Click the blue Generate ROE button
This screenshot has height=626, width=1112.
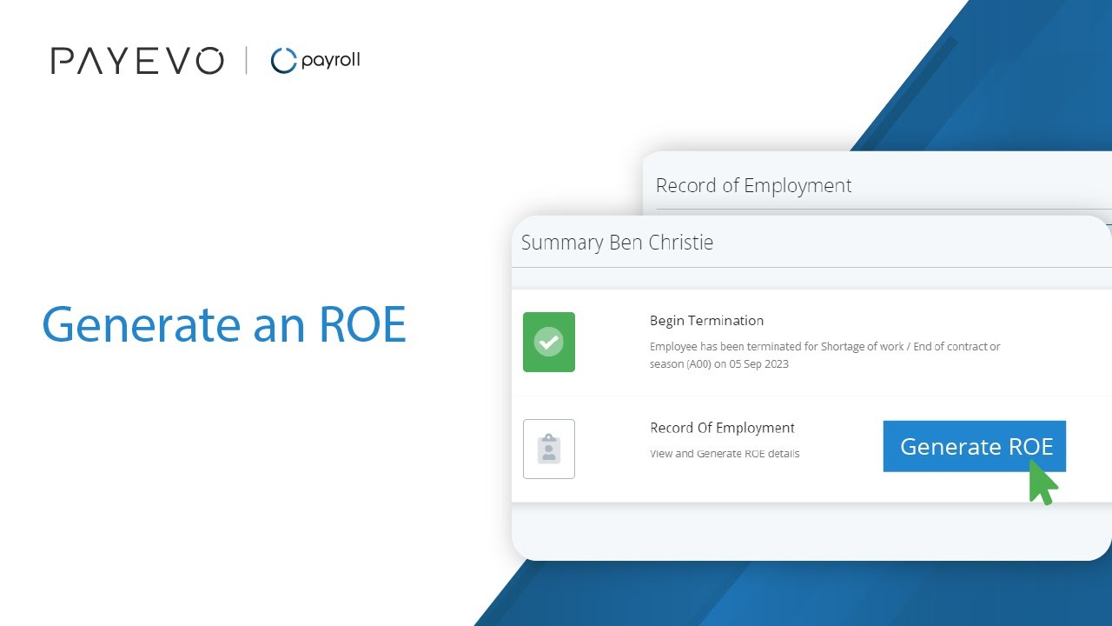click(x=974, y=446)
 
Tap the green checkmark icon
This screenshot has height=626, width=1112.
click(x=548, y=342)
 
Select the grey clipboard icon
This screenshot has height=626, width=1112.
click(x=548, y=449)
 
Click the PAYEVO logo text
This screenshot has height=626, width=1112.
click(x=137, y=61)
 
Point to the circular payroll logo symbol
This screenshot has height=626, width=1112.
click(x=283, y=61)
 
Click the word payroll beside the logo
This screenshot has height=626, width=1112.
click(x=330, y=61)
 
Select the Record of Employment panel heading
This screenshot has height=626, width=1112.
click(x=753, y=185)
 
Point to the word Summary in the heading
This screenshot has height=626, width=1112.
click(x=562, y=243)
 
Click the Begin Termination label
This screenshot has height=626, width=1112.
click(x=706, y=320)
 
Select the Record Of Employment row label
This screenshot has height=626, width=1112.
click(x=722, y=428)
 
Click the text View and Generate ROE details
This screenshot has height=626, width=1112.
click(x=725, y=454)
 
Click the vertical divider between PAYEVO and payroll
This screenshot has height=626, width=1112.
click(x=247, y=61)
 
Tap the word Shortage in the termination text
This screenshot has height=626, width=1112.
click(x=842, y=346)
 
